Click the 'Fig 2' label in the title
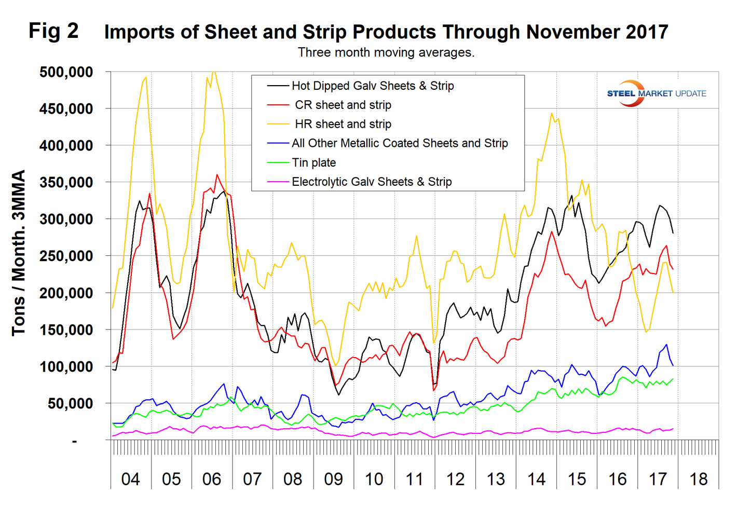53,31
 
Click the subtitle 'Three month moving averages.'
386,52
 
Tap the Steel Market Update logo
656,93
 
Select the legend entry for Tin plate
313,162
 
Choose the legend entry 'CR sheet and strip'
343,105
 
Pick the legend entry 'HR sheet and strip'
343,124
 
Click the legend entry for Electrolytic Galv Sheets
371,182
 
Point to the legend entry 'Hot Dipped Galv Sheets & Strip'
372,86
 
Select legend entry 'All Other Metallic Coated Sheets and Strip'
399,143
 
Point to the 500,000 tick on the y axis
66,72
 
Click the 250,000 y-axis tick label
66,256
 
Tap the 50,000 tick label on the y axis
70,404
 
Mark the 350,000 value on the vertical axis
66,183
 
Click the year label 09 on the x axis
333,479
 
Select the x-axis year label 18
698,479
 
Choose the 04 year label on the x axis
130,479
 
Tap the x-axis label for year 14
536,479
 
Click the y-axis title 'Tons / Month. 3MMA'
19,253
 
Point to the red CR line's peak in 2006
217,175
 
